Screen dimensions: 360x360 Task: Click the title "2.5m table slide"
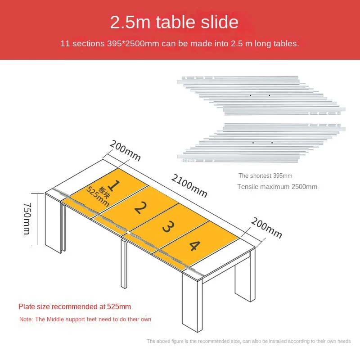pyautogui.click(x=174, y=22)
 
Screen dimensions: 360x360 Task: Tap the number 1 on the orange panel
pyautogui.click(x=113, y=185)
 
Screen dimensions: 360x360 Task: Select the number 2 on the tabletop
pyautogui.click(x=140, y=207)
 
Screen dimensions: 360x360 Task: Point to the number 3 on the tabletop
pyautogui.click(x=168, y=227)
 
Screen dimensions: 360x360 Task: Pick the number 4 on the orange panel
pyautogui.click(x=195, y=246)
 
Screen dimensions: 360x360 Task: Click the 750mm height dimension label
pyautogui.click(x=27, y=218)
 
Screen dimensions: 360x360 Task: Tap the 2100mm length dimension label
pyautogui.click(x=189, y=185)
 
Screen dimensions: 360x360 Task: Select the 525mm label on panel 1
pyautogui.click(x=97, y=196)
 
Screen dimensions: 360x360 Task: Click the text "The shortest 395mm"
pyautogui.click(x=265, y=175)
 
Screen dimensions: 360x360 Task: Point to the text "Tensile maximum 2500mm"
pyautogui.click(x=277, y=187)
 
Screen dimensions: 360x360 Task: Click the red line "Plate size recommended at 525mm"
pyautogui.click(x=75, y=306)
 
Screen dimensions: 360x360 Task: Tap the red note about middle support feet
pyautogui.click(x=85, y=319)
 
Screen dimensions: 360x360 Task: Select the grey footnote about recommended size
pyautogui.click(x=249, y=341)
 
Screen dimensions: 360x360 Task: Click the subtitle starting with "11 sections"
pyautogui.click(x=180, y=43)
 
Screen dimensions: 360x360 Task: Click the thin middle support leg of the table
pyautogui.click(x=124, y=264)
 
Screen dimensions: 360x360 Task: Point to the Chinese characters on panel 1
pyautogui.click(x=104, y=193)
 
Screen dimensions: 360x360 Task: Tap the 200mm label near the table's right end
pyautogui.click(x=266, y=228)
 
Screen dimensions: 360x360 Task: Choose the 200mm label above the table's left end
pyautogui.click(x=125, y=150)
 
